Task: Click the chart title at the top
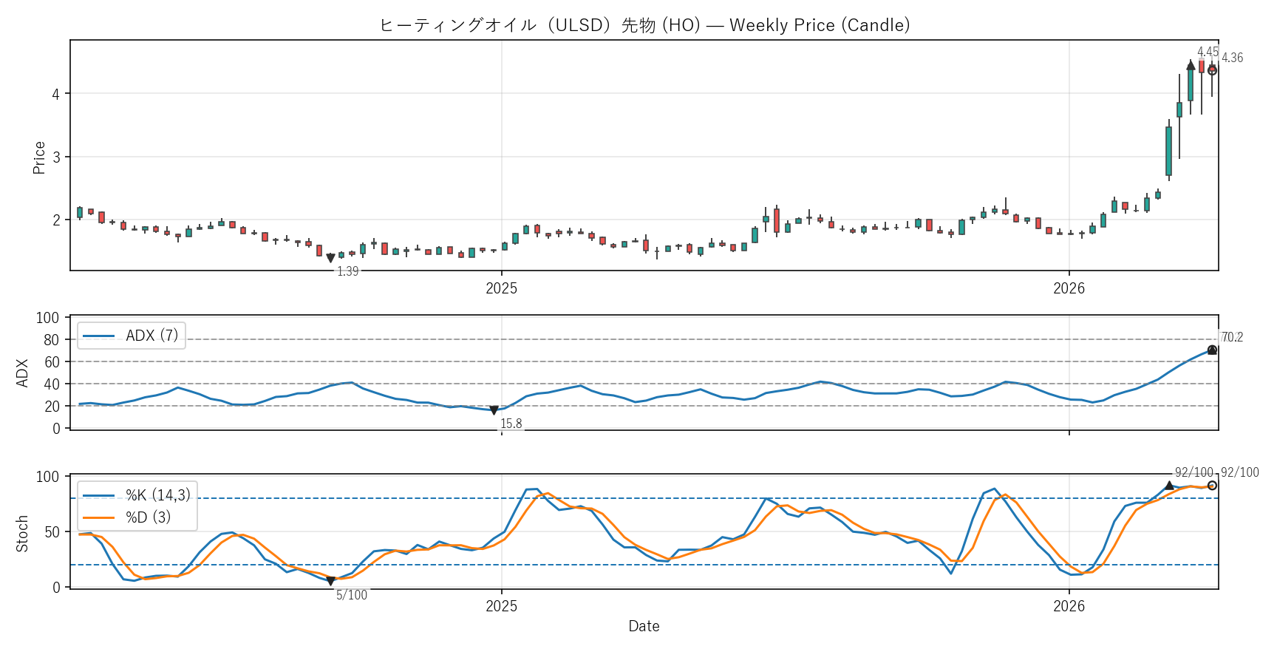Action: (x=644, y=25)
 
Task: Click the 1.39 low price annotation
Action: (x=347, y=271)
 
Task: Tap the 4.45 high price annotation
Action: (x=1208, y=52)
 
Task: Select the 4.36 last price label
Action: (x=1232, y=58)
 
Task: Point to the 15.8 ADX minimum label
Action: (x=511, y=424)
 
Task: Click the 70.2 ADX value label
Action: (x=1232, y=337)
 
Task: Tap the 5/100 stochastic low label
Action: (x=352, y=595)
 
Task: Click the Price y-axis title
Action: (x=39, y=157)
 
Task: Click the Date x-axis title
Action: (x=644, y=626)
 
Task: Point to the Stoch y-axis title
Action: (x=22, y=533)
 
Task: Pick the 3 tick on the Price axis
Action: (x=56, y=157)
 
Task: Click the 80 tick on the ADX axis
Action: (x=51, y=340)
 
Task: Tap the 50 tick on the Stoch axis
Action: (x=51, y=531)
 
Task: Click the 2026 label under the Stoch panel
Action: (x=1069, y=606)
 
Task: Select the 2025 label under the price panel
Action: (x=501, y=288)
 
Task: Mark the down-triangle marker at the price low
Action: (x=330, y=259)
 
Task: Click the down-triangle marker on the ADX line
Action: (x=494, y=410)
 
